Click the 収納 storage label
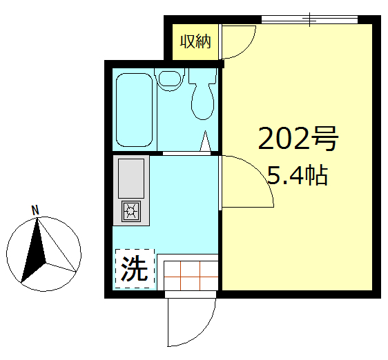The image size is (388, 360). (x=195, y=41)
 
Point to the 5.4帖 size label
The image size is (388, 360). (x=297, y=177)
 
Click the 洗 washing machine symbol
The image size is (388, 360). (x=135, y=268)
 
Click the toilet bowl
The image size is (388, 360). (x=203, y=101)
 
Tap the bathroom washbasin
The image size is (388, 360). (x=168, y=78)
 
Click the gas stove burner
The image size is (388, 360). (x=131, y=211)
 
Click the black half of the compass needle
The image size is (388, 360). (x=33, y=252)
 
